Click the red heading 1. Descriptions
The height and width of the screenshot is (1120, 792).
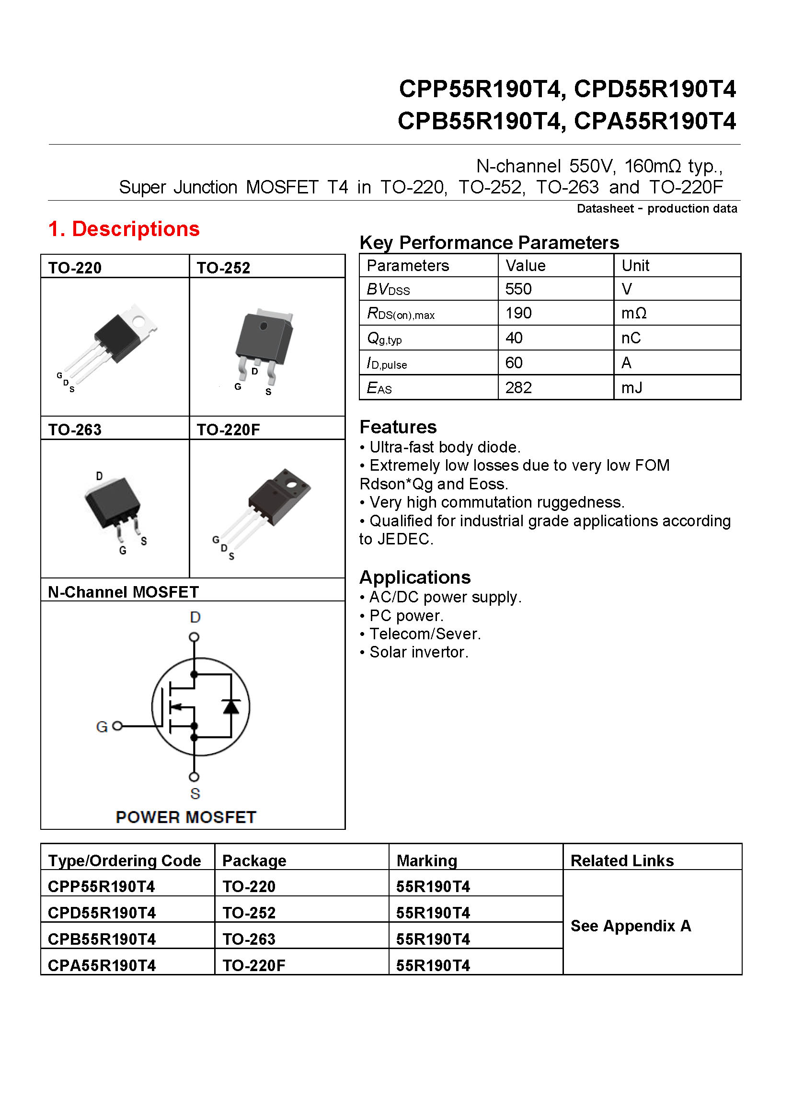pos(124,229)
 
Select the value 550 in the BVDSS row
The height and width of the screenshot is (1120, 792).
pos(518,289)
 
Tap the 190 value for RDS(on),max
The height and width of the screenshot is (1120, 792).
pos(518,313)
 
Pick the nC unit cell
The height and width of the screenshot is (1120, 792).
pos(631,338)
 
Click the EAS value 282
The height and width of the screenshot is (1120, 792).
pos(518,388)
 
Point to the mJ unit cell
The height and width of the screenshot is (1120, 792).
pos(631,388)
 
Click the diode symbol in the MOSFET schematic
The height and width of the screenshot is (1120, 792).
pos(231,706)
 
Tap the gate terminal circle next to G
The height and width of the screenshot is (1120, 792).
pos(117,726)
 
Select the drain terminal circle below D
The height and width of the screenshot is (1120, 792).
pos(194,637)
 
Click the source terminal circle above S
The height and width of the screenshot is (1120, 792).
pos(194,777)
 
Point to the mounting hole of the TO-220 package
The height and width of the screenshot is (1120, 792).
pos(138,321)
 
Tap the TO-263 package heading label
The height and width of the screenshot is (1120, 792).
pos(75,430)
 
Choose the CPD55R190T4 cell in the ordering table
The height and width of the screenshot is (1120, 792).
pos(102,913)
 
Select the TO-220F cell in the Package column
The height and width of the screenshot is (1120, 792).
pos(254,965)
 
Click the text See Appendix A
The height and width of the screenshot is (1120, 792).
pos(631,926)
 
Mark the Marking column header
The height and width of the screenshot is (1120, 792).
pos(426,860)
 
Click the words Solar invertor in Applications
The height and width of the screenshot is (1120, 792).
pos(419,652)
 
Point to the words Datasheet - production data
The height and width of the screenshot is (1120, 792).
pos(656,209)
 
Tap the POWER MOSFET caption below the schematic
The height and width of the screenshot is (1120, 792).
pos(186,817)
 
